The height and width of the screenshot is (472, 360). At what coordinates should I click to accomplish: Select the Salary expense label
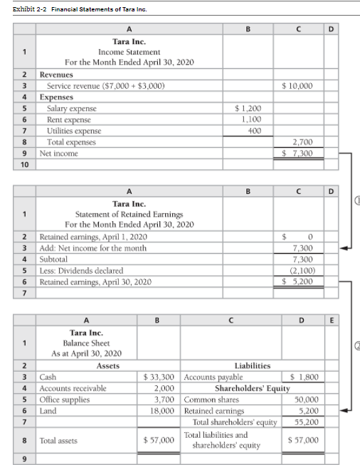[71, 109]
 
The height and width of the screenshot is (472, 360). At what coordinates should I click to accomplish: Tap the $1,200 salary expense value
[248, 109]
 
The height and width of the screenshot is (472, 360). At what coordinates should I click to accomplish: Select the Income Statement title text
[129, 52]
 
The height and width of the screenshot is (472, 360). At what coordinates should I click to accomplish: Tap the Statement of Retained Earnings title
[129, 214]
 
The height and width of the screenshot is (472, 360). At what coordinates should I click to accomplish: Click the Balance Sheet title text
[86, 342]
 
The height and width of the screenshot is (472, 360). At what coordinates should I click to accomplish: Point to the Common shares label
[211, 399]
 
